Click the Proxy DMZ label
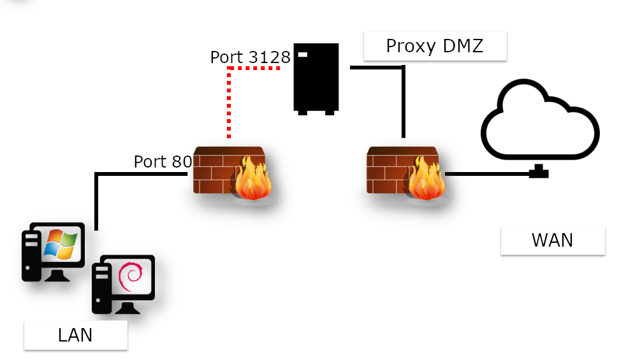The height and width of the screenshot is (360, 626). pyautogui.click(x=435, y=47)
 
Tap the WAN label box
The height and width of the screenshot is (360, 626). pyautogui.click(x=552, y=240)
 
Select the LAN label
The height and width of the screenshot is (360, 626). pyautogui.click(x=75, y=335)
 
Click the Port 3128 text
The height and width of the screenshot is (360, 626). pyautogui.click(x=250, y=57)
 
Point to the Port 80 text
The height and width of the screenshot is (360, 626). pyautogui.click(x=163, y=162)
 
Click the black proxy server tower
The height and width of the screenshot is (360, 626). pyautogui.click(x=315, y=78)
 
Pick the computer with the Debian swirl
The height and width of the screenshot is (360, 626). pyautogui.click(x=124, y=283)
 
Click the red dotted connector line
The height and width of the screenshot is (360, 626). pyautogui.click(x=228, y=102)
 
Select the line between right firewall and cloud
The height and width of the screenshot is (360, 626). pyautogui.click(x=488, y=173)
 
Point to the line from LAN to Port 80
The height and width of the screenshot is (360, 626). pyautogui.click(x=96, y=198)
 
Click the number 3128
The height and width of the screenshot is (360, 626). pyautogui.click(x=268, y=57)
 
